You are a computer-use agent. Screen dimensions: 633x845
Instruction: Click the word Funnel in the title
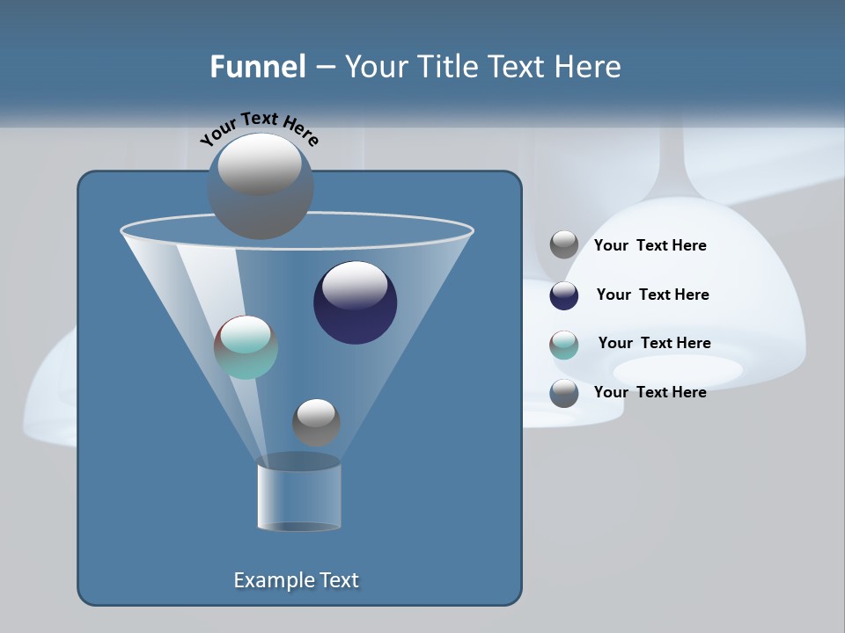(x=257, y=66)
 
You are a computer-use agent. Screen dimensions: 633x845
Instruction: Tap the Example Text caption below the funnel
(x=296, y=580)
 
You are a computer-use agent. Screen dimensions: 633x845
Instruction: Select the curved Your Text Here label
(x=259, y=127)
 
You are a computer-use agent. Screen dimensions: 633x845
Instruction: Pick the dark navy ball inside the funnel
(x=355, y=303)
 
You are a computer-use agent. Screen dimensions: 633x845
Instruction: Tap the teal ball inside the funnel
(x=246, y=347)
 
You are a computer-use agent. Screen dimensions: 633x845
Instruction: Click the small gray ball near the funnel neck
(x=316, y=422)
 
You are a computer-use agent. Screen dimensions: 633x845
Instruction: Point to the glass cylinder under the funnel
(x=299, y=497)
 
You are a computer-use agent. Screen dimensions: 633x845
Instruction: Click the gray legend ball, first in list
(x=564, y=245)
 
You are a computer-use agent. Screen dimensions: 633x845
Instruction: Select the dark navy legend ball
(x=564, y=295)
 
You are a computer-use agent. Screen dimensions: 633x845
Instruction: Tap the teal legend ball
(x=564, y=345)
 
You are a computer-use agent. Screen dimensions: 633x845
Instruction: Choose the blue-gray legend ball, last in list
(x=564, y=393)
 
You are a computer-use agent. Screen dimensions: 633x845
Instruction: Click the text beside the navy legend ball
(x=652, y=295)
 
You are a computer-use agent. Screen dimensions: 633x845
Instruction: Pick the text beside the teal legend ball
(x=654, y=343)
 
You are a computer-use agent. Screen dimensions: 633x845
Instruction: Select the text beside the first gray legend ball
(x=650, y=245)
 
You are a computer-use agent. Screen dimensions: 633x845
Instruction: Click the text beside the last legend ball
(x=650, y=392)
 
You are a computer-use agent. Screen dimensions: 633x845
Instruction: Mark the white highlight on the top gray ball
(x=260, y=164)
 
